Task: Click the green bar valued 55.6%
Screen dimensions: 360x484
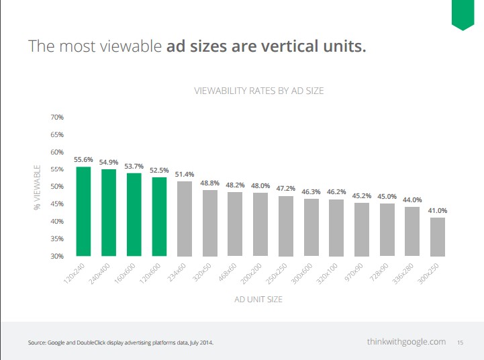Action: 83,211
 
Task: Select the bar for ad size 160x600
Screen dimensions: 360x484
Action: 134,214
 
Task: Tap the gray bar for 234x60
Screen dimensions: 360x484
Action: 185,218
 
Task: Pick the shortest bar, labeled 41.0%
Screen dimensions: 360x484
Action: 437,236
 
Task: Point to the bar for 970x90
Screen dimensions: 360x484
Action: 362,229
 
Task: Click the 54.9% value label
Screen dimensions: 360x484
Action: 109,163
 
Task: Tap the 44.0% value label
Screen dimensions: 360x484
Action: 412,199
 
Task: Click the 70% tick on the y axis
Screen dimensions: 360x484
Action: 56,117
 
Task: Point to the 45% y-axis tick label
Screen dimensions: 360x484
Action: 56,204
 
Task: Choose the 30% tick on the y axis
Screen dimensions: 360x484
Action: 56,257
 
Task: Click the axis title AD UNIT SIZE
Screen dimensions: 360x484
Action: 258,300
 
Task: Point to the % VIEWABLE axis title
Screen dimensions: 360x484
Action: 37,187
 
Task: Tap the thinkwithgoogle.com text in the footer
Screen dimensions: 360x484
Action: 406,342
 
